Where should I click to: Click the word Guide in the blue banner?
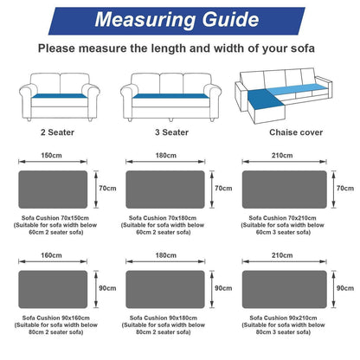pyautogui.click(x=230, y=20)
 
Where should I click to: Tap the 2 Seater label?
pyautogui.click(x=57, y=132)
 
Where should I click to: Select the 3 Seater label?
pyautogui.click(x=171, y=132)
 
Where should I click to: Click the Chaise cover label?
pyautogui.click(x=296, y=132)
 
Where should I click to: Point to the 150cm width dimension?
pyautogui.click(x=51, y=155)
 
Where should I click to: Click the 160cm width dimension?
pyautogui.click(x=51, y=255)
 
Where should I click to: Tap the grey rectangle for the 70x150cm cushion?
pyautogui.click(x=53, y=190)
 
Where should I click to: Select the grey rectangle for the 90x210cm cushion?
pyautogui.click(x=285, y=289)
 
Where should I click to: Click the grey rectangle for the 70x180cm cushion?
pyautogui.click(x=165, y=190)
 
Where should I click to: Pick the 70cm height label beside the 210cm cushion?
pyautogui.click(x=345, y=189)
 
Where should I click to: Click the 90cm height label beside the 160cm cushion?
pyautogui.click(x=107, y=288)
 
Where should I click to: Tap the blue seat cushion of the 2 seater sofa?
pyautogui.click(x=60, y=96)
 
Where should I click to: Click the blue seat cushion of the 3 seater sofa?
pyautogui.click(x=170, y=96)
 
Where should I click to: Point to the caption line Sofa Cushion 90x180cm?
pyautogui.click(x=164, y=318)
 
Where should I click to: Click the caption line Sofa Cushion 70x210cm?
pyautogui.click(x=282, y=218)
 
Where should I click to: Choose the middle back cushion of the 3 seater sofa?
pyautogui.click(x=171, y=83)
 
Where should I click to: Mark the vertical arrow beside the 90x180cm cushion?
pyautogui.click(x=212, y=289)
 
